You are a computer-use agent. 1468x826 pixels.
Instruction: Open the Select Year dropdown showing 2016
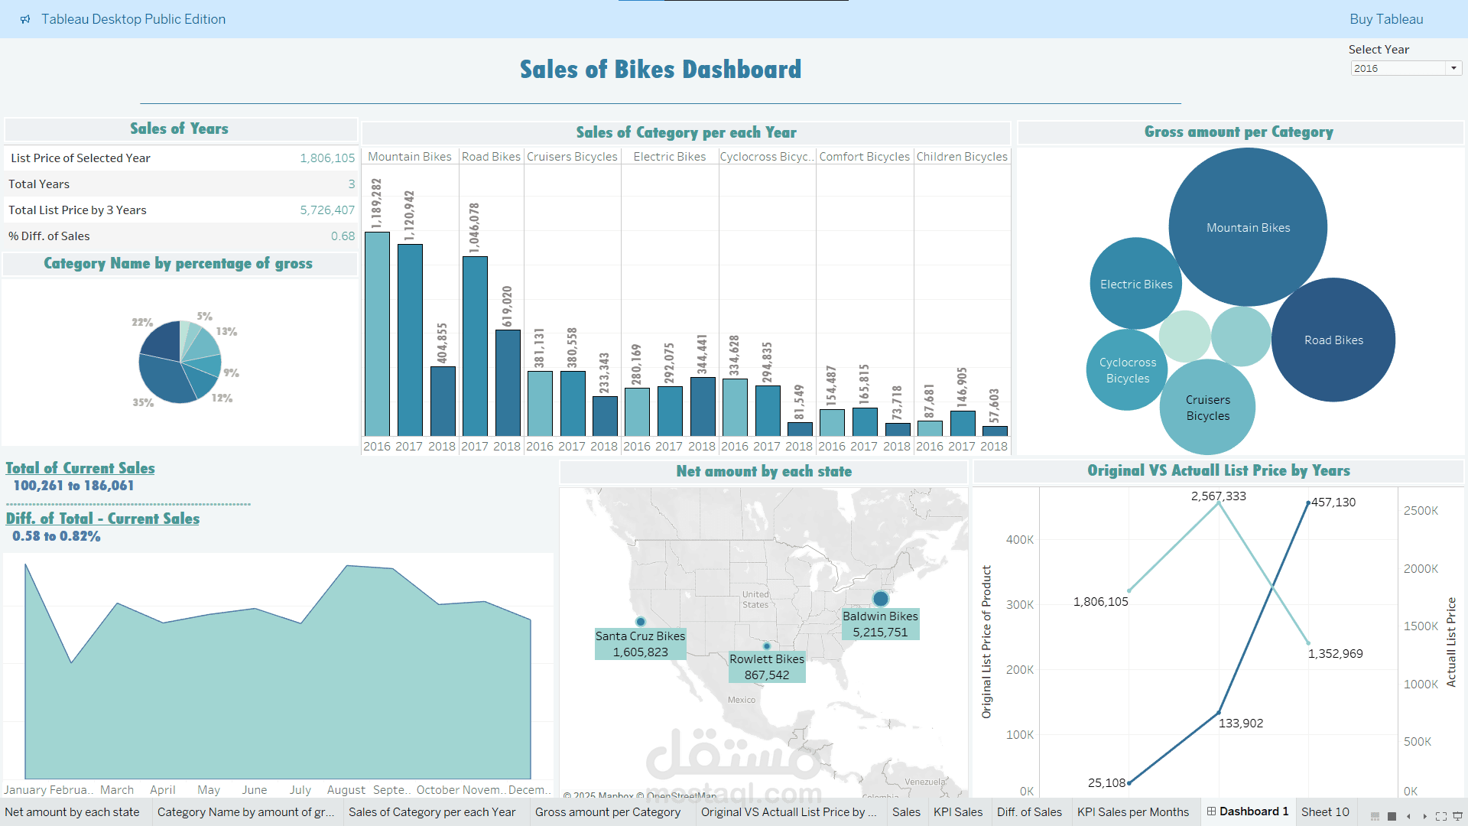click(x=1405, y=69)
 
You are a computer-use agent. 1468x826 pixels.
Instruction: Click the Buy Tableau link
click(x=1385, y=19)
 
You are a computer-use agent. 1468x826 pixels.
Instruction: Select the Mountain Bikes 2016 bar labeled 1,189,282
click(x=377, y=333)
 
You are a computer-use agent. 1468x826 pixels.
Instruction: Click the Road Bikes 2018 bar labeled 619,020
click(x=508, y=382)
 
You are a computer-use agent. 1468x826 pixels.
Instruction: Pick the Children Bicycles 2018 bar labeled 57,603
click(x=994, y=431)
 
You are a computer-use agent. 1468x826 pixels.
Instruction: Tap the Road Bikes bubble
click(x=1333, y=340)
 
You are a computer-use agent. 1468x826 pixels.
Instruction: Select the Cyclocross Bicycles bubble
click(x=1127, y=370)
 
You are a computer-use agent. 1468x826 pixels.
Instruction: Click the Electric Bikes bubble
click(x=1135, y=284)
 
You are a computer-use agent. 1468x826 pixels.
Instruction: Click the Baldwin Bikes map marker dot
click(x=881, y=598)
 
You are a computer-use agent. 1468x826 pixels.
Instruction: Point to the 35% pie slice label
click(x=143, y=402)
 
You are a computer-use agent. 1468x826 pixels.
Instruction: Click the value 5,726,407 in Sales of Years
click(x=327, y=210)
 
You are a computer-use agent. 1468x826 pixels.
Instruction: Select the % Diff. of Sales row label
click(x=49, y=236)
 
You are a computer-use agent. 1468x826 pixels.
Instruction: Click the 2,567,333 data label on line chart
click(x=1218, y=496)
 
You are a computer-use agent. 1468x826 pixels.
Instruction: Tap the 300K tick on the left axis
click(x=1019, y=605)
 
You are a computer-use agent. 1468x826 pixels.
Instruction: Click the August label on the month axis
click(x=346, y=790)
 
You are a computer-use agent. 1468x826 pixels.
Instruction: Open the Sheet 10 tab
click(x=1324, y=812)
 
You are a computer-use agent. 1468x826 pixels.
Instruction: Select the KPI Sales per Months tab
click(x=1132, y=812)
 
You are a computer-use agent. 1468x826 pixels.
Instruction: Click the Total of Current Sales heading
click(x=80, y=468)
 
